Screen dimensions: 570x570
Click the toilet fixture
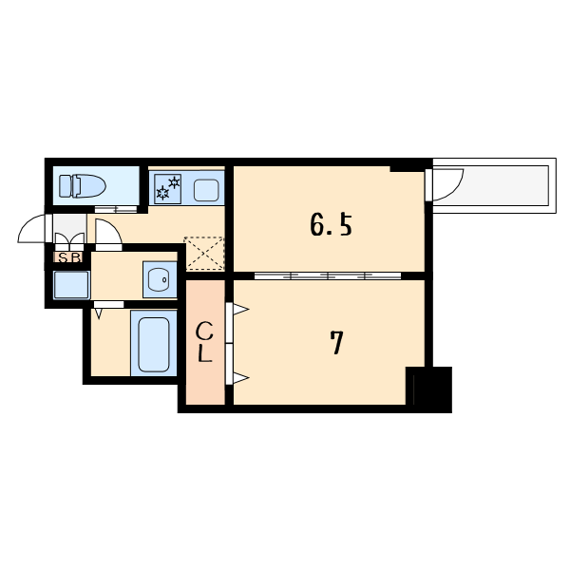[83, 186]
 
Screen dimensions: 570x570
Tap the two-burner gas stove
[167, 189]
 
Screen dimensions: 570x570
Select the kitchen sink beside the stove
[206, 190]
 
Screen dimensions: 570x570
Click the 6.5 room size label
[332, 225]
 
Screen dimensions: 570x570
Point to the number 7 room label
[336, 342]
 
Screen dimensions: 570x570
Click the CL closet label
[204, 342]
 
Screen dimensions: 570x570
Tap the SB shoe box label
[68, 257]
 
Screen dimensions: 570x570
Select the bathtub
[154, 344]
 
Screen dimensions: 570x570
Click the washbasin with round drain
[159, 279]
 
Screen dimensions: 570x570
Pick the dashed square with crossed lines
[204, 254]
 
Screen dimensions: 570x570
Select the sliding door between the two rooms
[328, 275]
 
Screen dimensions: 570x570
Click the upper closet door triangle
[240, 310]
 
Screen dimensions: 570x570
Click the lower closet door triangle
[240, 378]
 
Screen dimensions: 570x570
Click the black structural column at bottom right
[429, 389]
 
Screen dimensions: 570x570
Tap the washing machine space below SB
[71, 285]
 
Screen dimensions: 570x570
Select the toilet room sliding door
[116, 209]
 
